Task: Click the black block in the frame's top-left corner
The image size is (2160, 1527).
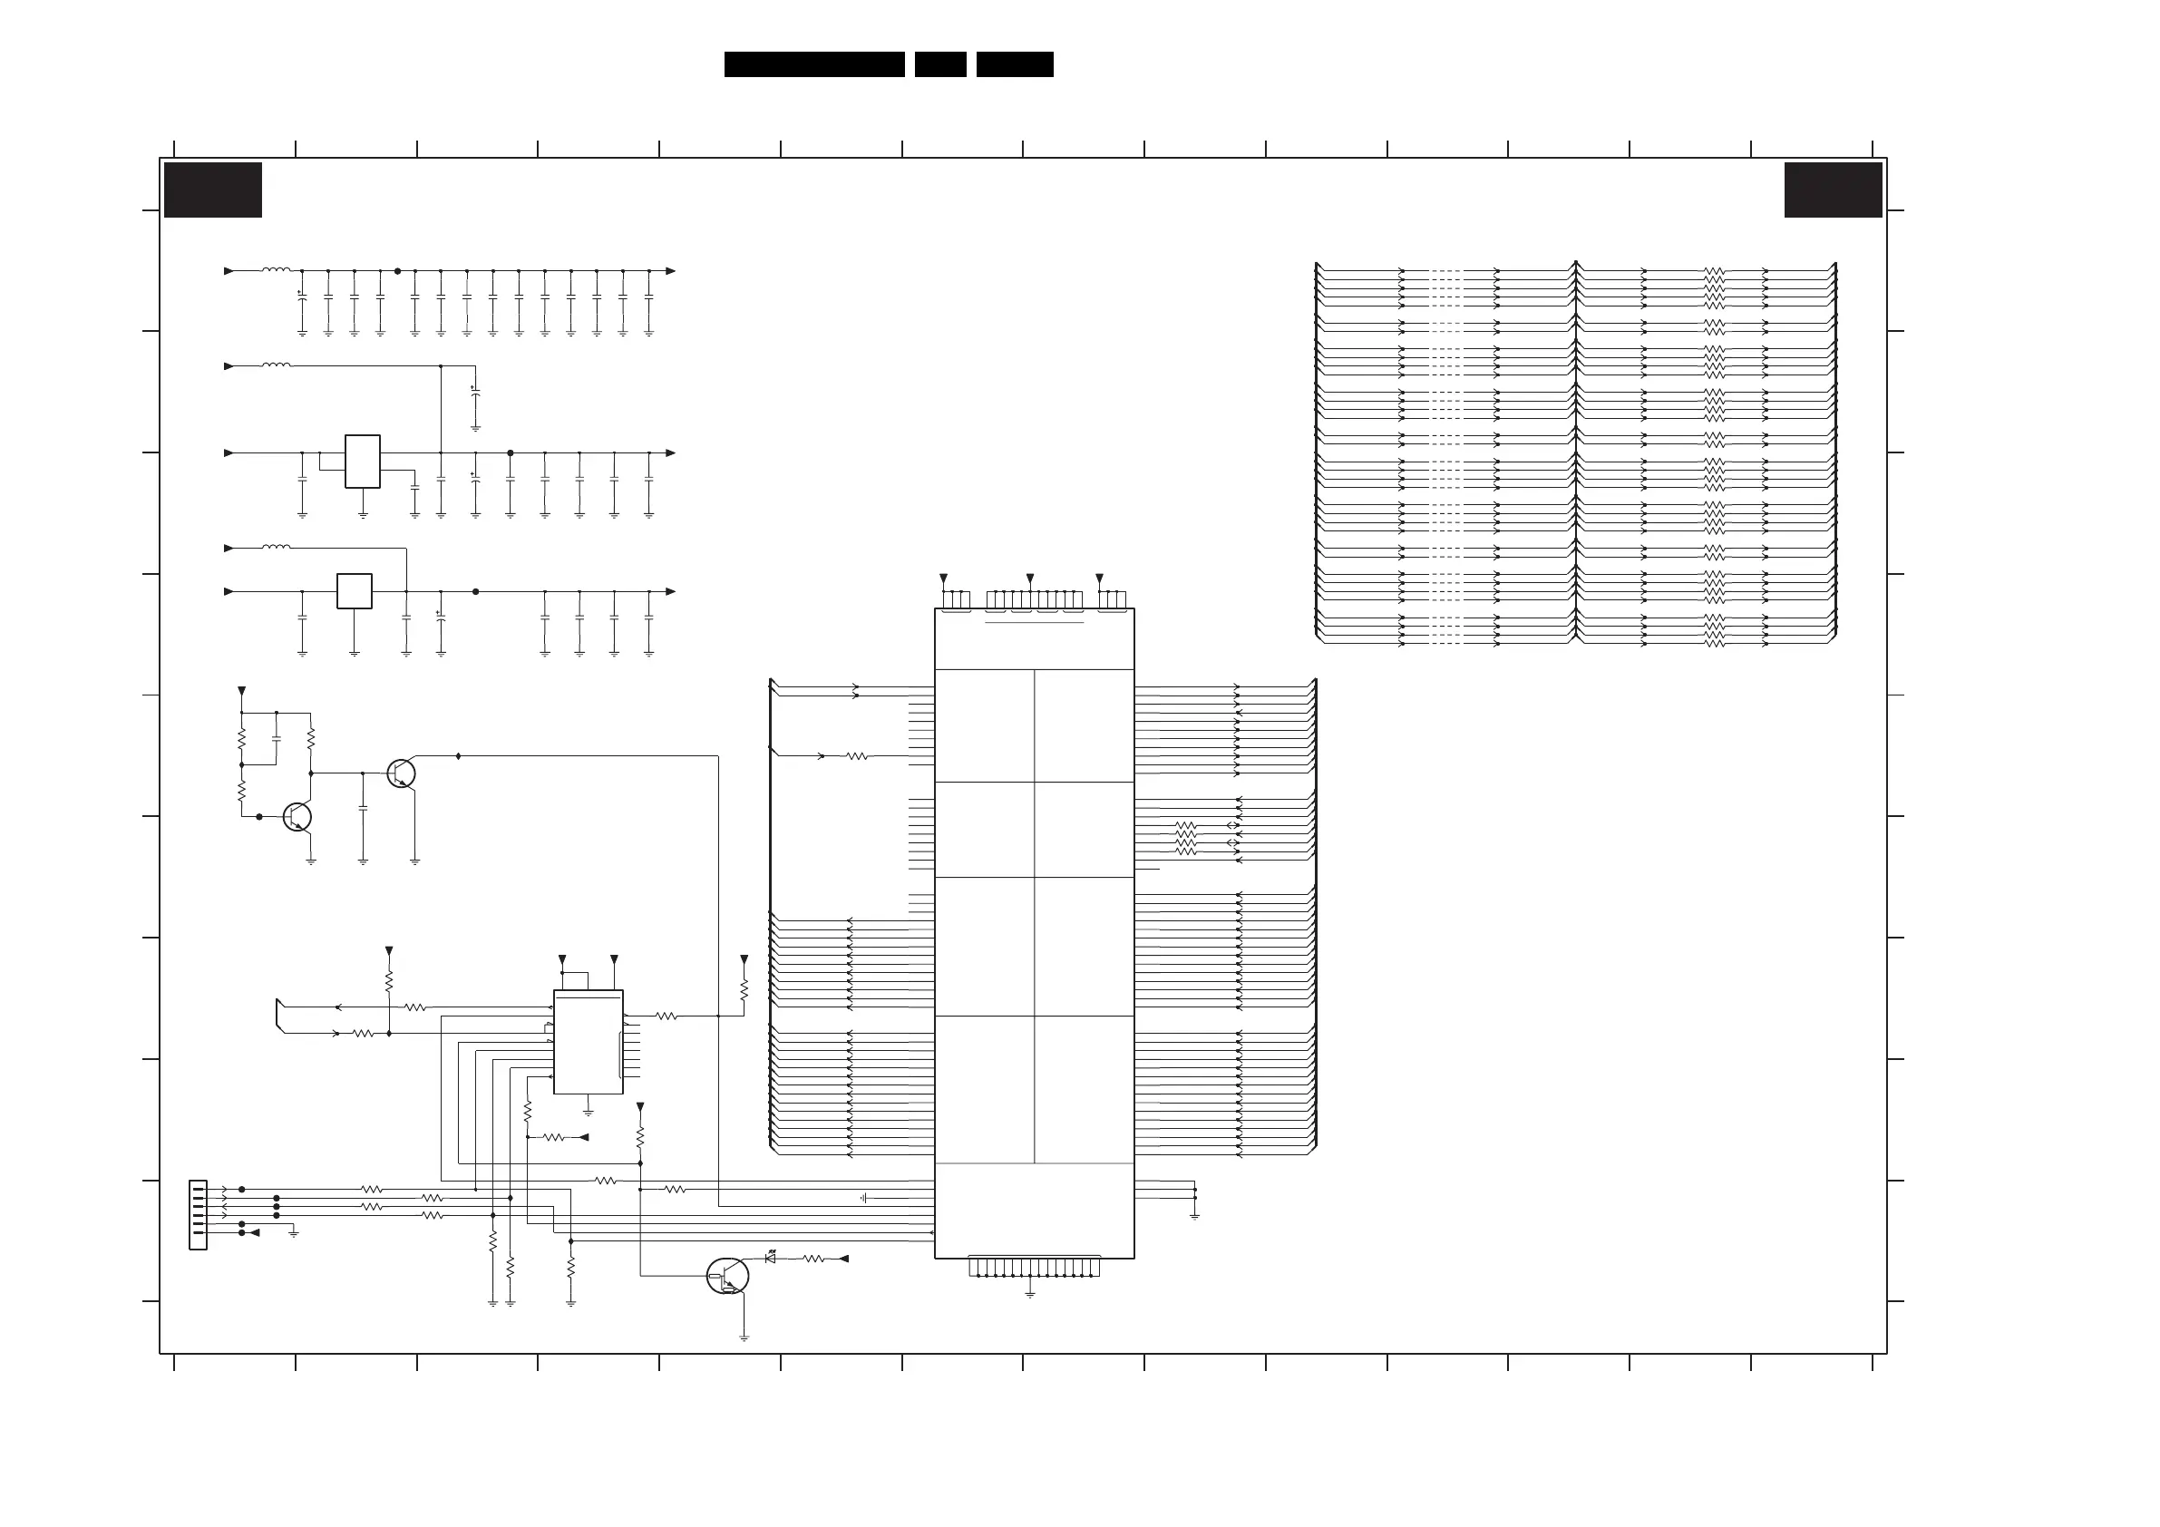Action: coord(212,190)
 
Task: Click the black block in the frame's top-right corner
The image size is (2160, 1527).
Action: coord(1833,190)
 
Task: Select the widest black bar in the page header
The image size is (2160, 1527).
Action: coord(813,64)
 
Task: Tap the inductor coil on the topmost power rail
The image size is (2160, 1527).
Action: coord(276,270)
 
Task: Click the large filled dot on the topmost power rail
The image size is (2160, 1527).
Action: coord(397,271)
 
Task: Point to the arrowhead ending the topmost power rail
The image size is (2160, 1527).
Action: coord(671,271)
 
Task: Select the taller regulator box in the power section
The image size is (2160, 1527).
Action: coord(362,461)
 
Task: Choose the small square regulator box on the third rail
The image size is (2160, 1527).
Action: coord(354,591)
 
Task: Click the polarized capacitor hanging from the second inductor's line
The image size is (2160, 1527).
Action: coord(475,394)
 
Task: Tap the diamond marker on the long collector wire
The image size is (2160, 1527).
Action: coord(458,755)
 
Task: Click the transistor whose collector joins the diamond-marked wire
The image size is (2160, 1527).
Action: coord(402,773)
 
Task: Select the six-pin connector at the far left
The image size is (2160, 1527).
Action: coord(198,1215)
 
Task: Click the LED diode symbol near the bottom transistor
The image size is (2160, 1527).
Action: coord(771,1259)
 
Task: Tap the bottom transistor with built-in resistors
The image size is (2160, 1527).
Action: coord(727,1277)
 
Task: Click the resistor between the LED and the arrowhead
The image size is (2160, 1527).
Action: coord(812,1259)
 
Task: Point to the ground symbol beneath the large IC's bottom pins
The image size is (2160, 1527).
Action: coord(1030,1295)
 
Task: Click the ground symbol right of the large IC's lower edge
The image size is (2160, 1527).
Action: coord(1195,1216)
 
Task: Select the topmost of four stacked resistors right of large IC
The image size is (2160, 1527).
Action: coord(1185,825)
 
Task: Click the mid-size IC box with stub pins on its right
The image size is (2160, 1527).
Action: coord(588,1043)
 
